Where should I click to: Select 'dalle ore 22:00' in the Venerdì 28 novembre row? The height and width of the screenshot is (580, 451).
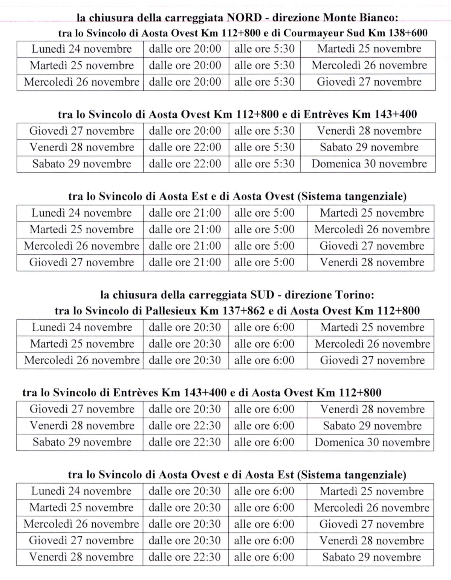coord(185,147)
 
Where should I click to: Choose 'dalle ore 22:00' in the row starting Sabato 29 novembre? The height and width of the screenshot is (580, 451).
coord(185,164)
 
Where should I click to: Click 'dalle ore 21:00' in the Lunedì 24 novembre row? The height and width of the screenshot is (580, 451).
coord(185,213)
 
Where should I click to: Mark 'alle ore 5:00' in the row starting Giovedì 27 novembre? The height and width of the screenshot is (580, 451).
coord(264,263)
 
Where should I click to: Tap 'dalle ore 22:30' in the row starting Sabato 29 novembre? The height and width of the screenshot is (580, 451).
coord(185,442)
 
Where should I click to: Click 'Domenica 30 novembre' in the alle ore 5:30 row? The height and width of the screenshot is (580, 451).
coord(369,164)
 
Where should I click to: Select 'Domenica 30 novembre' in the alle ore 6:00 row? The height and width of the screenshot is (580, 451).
coord(372,442)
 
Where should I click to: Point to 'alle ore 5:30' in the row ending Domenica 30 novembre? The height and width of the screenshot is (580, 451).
coord(264,164)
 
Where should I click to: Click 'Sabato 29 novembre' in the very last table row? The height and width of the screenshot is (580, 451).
coord(372,557)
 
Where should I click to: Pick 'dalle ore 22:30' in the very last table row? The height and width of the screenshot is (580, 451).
coord(185,557)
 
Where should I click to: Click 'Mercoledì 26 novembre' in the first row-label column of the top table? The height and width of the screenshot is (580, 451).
coord(81,82)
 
